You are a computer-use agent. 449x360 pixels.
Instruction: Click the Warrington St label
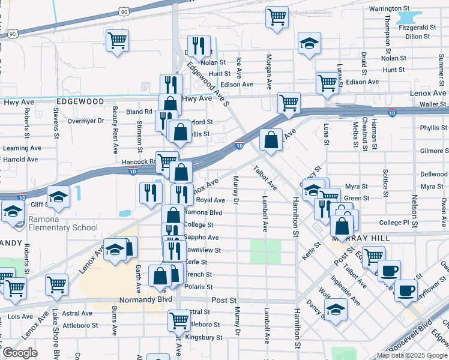393,9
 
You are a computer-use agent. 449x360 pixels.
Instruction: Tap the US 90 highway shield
123,11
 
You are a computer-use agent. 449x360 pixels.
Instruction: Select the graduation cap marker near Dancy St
335,309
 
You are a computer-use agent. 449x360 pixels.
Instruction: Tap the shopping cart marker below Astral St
179,320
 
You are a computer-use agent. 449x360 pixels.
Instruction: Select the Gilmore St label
435,151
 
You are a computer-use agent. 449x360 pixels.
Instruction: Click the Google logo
20,353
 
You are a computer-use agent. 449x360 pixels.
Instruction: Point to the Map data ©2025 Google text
411,355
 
